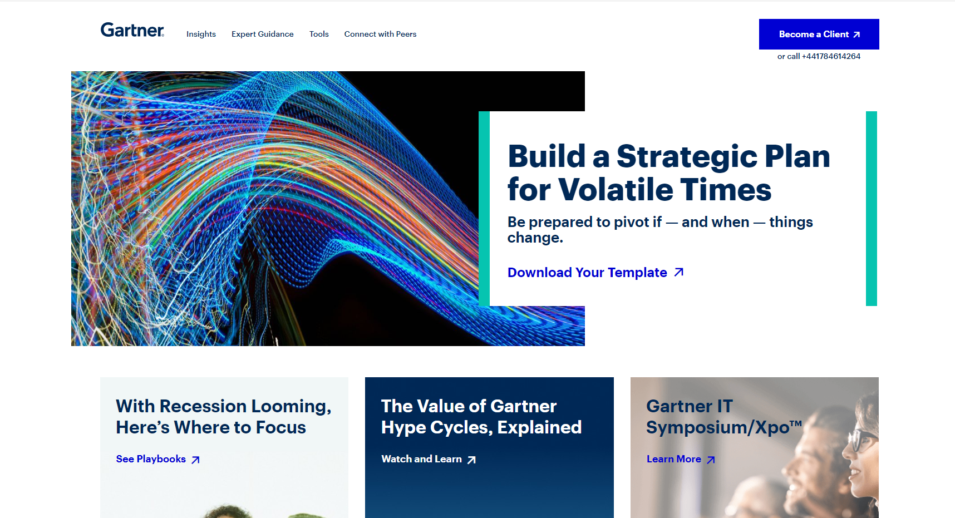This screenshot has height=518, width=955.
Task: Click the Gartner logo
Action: [x=132, y=30]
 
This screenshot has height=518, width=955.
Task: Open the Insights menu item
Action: [x=201, y=34]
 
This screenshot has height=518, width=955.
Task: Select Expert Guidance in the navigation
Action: [x=263, y=34]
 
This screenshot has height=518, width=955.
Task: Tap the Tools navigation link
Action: [x=319, y=34]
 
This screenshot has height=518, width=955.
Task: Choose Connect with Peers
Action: [x=380, y=34]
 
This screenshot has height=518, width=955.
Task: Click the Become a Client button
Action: [x=819, y=34]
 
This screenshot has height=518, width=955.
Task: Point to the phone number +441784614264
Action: [x=831, y=56]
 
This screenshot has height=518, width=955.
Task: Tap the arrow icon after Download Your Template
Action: [x=679, y=272]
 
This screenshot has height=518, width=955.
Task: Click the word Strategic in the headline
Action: [x=687, y=156]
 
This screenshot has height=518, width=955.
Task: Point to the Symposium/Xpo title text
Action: [x=724, y=427]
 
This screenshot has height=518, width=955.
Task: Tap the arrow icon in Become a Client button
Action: [x=856, y=34]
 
